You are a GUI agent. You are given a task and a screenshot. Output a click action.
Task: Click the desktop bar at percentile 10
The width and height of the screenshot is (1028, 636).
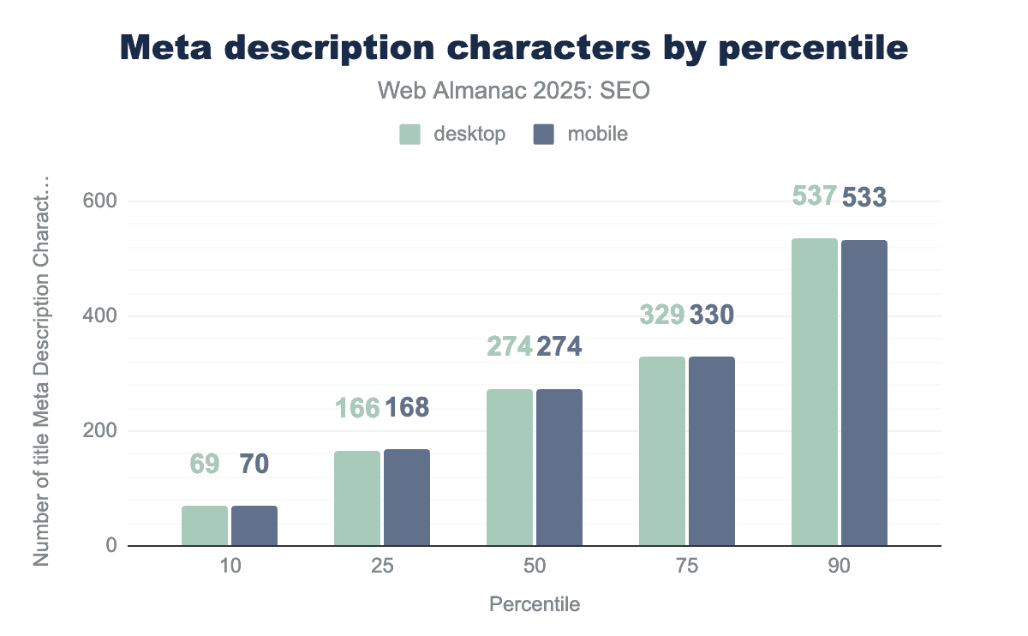click(205, 525)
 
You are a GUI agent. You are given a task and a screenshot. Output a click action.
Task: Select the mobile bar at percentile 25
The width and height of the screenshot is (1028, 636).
click(407, 497)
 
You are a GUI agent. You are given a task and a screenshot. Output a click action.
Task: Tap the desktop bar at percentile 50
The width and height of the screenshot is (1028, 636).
click(510, 467)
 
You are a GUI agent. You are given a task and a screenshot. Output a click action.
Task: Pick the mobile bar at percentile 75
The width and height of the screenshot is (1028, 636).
click(712, 451)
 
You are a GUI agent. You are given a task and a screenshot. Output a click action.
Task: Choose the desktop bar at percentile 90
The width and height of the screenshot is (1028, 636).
click(815, 392)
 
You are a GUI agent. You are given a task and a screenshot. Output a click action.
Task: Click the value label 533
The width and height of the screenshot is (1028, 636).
click(864, 198)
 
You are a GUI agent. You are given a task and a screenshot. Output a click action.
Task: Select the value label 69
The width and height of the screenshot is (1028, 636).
click(205, 465)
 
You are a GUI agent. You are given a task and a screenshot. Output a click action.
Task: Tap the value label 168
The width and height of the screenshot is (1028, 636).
click(407, 408)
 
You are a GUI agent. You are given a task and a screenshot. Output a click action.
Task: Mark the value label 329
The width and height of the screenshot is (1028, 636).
click(662, 315)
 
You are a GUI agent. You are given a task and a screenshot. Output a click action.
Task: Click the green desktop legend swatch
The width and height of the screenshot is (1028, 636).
click(410, 135)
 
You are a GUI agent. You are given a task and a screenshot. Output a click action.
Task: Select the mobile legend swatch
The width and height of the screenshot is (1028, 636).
click(544, 135)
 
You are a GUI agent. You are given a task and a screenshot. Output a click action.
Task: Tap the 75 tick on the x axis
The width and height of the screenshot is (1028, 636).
click(687, 567)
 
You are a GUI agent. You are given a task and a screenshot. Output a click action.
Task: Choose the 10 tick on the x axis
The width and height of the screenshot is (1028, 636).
click(230, 567)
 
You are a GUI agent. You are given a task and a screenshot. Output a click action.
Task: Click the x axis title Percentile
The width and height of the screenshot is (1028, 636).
click(535, 604)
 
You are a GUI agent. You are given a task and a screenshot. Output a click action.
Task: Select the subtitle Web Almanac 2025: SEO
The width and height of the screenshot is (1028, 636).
click(514, 91)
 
